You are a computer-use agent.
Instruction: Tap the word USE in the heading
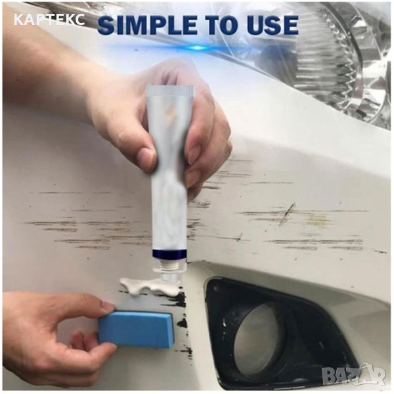click(x=270, y=25)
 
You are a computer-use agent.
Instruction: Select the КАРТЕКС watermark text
click(x=49, y=20)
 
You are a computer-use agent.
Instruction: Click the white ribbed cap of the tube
click(x=170, y=91)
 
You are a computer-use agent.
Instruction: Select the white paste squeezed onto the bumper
click(x=151, y=286)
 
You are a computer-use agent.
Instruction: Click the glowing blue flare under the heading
click(x=198, y=47)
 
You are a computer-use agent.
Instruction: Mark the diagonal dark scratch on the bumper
click(x=286, y=213)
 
